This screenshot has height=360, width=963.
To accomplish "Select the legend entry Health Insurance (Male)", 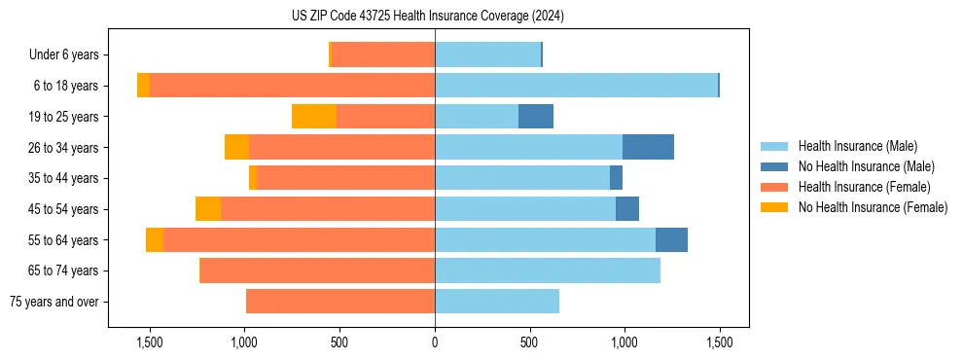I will tap(857, 146).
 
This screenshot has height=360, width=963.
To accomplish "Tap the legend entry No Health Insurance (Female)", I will tap(873, 207).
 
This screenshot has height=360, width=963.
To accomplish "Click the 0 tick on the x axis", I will tap(435, 343).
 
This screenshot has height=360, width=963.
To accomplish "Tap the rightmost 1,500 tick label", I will tap(719, 343).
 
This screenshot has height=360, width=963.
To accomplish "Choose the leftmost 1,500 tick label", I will tap(150, 343).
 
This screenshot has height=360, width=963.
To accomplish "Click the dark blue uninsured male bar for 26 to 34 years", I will tap(648, 147).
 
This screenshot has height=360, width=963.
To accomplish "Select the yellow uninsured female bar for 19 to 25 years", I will tap(313, 117).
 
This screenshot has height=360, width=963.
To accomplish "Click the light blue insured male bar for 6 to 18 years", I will tap(576, 86).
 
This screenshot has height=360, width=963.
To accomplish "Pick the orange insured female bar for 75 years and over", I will tap(340, 302).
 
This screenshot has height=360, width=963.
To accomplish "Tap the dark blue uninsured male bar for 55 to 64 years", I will tap(671, 239).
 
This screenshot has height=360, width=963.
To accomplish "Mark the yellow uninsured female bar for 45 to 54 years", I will tap(208, 209).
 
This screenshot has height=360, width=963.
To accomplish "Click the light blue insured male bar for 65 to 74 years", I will tap(548, 270).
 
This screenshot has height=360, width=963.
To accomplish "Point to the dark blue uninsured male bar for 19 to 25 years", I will tap(536, 117).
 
